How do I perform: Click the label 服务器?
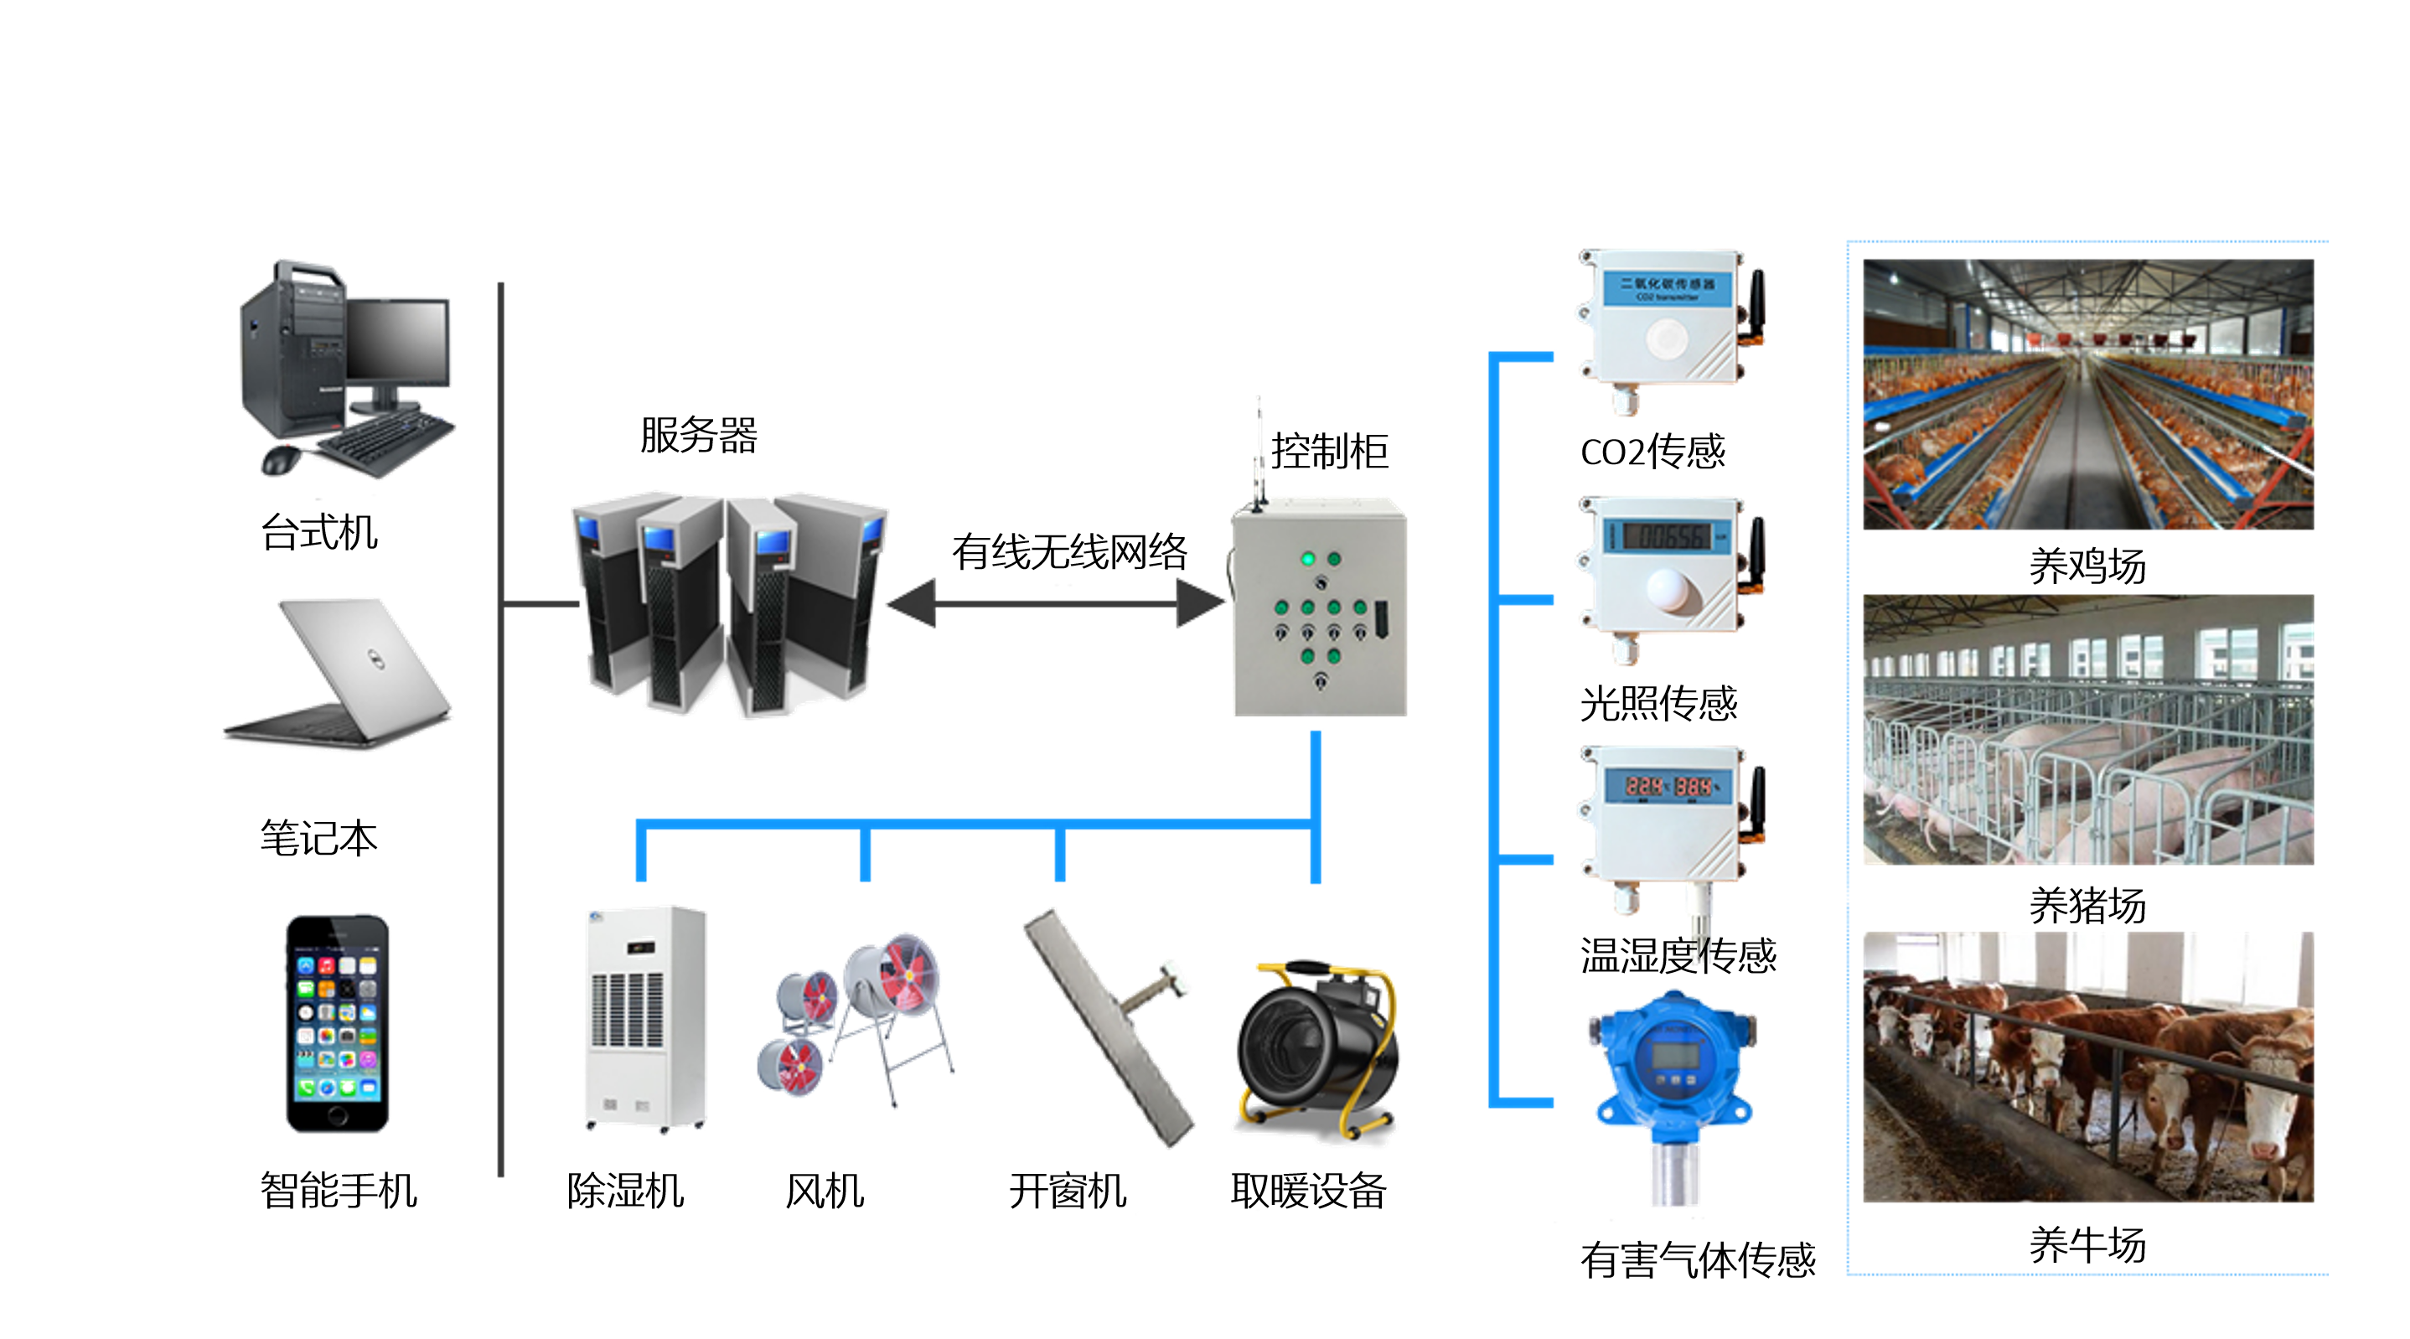pyautogui.click(x=698, y=435)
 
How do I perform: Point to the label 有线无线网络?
pyautogui.click(x=1069, y=551)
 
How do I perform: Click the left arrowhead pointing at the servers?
pyautogui.click(x=913, y=602)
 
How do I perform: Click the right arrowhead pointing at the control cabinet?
pyautogui.click(x=1198, y=602)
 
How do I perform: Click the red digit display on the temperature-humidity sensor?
pyautogui.click(x=1670, y=786)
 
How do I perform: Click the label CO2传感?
pyautogui.click(x=1652, y=452)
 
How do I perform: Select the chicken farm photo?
pyautogui.click(x=2087, y=394)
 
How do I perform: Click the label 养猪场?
pyautogui.click(x=2087, y=905)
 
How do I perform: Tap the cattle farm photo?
pyautogui.click(x=2087, y=1067)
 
